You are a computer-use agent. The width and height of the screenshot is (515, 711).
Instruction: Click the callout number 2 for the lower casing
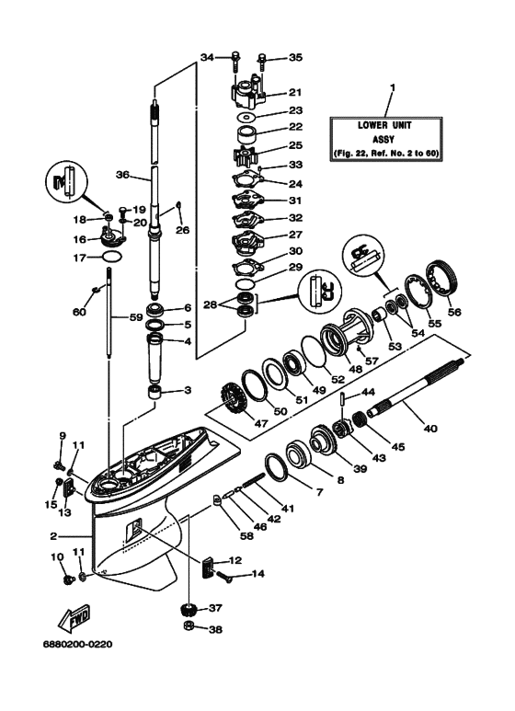pyautogui.click(x=53, y=537)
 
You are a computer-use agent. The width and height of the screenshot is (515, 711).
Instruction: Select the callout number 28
pyautogui.click(x=211, y=304)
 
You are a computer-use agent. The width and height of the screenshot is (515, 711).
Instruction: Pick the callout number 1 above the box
pyautogui.click(x=393, y=89)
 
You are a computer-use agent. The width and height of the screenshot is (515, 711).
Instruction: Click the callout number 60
pyautogui.click(x=80, y=312)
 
